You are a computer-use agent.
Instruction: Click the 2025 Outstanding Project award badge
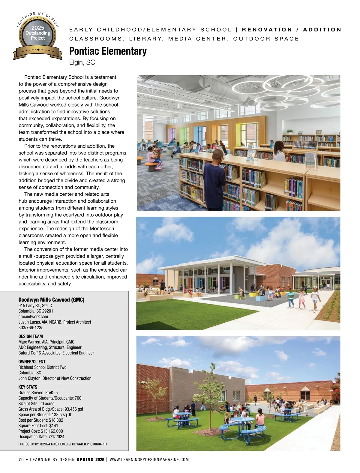[x=38, y=36]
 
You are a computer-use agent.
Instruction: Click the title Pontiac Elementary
[x=108, y=51]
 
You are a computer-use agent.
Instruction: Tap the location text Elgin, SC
[x=82, y=62]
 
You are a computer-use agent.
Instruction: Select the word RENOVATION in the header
[x=267, y=30]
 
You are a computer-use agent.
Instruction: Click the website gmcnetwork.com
[x=33, y=317]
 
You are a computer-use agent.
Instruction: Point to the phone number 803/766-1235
[x=31, y=328]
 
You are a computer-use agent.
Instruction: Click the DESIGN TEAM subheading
[x=31, y=336]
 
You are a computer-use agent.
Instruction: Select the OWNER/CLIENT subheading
[x=32, y=362]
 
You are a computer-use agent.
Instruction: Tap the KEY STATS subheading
[x=28, y=387]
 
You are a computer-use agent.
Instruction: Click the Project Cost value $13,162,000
[x=52, y=431]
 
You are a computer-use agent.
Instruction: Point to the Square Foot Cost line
[x=38, y=426]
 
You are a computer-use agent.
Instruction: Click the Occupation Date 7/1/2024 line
[x=41, y=437]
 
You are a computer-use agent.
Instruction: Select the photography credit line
[x=63, y=444]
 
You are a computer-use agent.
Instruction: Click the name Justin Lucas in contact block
[x=29, y=322]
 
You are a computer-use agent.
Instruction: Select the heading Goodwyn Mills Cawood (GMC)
[x=51, y=300]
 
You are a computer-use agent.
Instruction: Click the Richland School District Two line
[x=42, y=367]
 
